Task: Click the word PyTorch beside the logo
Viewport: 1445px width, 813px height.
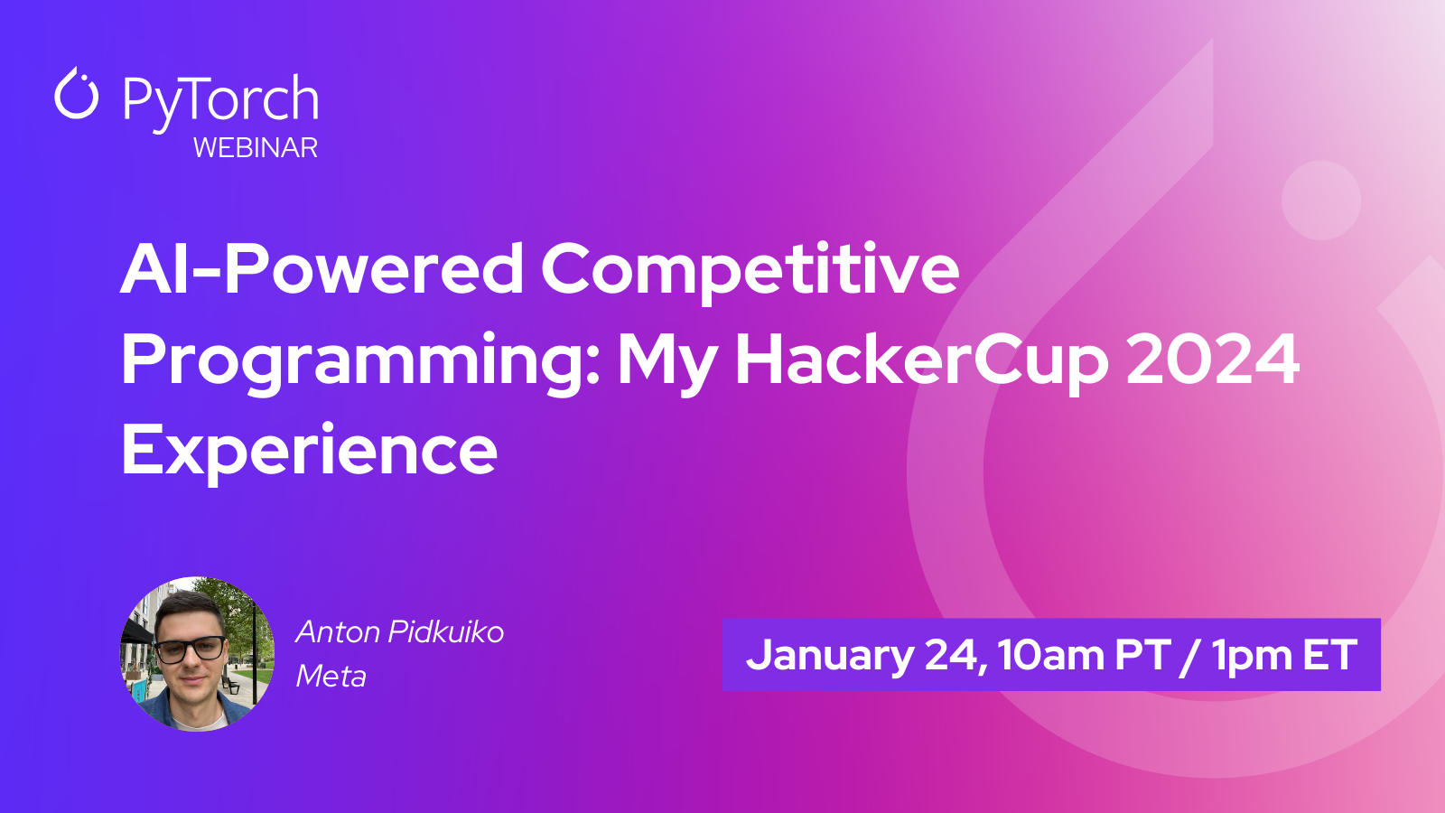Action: click(x=220, y=100)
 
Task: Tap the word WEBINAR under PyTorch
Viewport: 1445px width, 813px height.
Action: click(x=256, y=148)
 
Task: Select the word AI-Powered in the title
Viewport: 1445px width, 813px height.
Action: click(x=322, y=268)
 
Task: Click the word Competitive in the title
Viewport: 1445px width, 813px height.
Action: click(x=750, y=272)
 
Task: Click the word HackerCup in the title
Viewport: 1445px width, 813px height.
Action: click(x=921, y=362)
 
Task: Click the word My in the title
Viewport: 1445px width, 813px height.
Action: click(x=667, y=362)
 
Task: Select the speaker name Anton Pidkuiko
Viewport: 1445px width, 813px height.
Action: click(x=400, y=632)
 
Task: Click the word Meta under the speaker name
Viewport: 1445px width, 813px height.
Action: click(x=331, y=677)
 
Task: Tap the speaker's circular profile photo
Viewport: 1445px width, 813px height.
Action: click(x=198, y=654)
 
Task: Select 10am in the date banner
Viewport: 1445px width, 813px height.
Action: click(x=1051, y=655)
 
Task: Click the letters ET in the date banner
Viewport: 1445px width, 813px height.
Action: click(x=1330, y=654)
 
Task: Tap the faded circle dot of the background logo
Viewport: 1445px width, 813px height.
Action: click(x=1321, y=200)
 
